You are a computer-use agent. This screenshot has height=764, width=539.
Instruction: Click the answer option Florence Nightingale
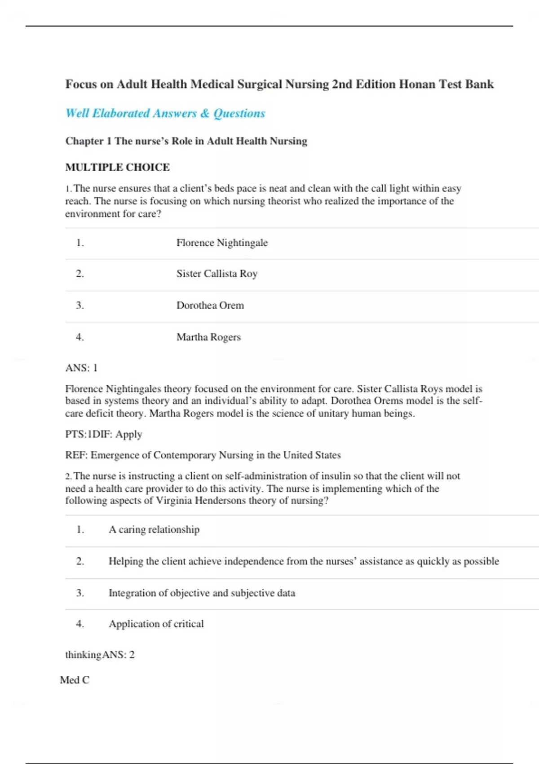(222, 243)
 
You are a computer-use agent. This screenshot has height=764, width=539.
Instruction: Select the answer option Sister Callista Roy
(216, 274)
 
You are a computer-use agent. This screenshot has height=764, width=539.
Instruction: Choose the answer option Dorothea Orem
(210, 305)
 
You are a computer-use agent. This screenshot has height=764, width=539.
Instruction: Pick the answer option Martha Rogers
(208, 337)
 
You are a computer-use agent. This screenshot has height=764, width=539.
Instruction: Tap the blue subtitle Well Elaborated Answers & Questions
(165, 113)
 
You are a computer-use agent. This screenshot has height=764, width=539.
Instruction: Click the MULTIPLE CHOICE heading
(117, 167)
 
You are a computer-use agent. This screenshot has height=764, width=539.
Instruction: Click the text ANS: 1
(81, 368)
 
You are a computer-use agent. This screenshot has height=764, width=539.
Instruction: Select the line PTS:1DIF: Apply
(104, 434)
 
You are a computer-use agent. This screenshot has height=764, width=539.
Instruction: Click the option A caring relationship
(154, 529)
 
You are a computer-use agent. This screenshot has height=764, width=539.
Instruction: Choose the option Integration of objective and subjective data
(202, 593)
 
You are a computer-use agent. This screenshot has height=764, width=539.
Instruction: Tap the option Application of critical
(156, 624)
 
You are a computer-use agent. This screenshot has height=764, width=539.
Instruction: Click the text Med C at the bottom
(75, 680)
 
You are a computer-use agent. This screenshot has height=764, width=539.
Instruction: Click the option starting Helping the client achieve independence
(304, 561)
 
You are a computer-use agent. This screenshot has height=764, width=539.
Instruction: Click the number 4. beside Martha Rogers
(80, 337)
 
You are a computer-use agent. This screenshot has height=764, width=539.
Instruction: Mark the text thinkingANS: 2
(100, 655)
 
